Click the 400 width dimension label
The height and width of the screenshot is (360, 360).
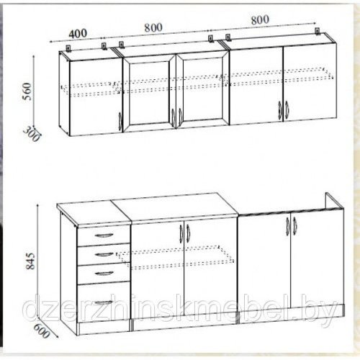(x=78, y=34)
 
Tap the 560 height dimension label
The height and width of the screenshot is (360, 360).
(x=27, y=91)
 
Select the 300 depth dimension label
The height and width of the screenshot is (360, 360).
(x=32, y=134)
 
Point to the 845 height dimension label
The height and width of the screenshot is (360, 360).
(x=31, y=261)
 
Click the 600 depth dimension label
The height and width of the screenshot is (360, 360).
(x=42, y=330)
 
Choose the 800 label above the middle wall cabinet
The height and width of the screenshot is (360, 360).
(x=153, y=27)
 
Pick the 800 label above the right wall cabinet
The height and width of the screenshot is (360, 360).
(x=260, y=19)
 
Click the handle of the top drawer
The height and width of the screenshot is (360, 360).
(x=104, y=235)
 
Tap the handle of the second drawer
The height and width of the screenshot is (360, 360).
(x=104, y=254)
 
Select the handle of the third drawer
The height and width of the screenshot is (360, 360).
(x=104, y=274)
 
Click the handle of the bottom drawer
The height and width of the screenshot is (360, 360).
(x=104, y=302)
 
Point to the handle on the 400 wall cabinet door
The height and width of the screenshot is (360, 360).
(x=120, y=122)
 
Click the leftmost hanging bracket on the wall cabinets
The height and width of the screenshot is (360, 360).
(x=69, y=48)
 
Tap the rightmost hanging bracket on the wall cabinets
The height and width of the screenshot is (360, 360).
(x=318, y=32)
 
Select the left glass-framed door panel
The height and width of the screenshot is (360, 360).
(x=149, y=93)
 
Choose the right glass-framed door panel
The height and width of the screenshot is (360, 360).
(x=203, y=91)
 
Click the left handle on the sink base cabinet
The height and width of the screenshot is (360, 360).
(x=288, y=226)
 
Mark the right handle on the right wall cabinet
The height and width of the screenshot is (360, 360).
(x=287, y=110)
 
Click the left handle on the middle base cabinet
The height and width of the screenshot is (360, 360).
(x=181, y=233)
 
